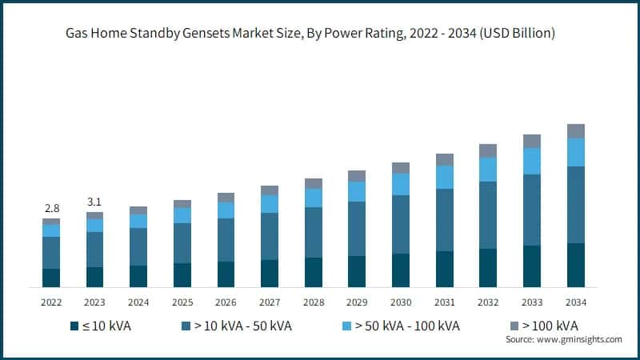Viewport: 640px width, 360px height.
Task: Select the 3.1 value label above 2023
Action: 94,201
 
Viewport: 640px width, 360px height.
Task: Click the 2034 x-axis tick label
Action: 575,302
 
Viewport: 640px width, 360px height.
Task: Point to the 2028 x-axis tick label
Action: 314,302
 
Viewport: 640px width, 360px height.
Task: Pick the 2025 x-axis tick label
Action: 182,302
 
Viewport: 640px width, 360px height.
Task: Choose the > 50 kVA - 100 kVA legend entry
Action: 399,326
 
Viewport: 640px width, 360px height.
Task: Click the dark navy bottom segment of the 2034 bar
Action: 575,265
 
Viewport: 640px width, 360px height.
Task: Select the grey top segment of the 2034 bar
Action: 575,131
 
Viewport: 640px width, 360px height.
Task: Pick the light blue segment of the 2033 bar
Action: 532,162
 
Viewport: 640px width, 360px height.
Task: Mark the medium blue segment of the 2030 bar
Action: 401,224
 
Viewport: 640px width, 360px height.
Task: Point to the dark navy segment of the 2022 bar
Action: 51,278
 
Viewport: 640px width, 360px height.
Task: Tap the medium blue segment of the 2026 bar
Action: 226,239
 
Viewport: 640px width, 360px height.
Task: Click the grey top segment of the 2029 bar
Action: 357,176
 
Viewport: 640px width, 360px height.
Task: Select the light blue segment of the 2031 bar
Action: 445,178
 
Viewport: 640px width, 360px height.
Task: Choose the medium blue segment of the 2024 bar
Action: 138,246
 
